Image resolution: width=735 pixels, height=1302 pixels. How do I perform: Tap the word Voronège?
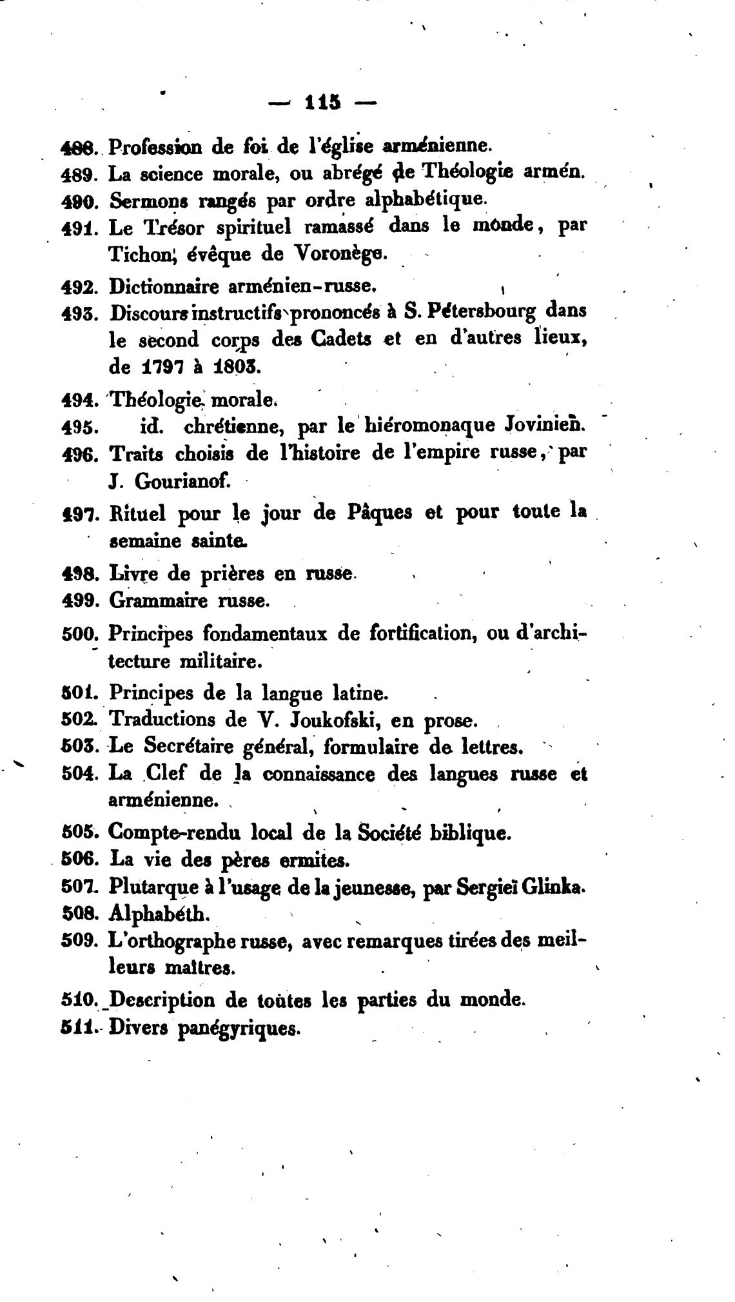coord(342,254)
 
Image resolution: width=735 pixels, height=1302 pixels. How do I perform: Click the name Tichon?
coord(138,254)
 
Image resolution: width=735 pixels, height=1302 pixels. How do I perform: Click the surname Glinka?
coord(552,887)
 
